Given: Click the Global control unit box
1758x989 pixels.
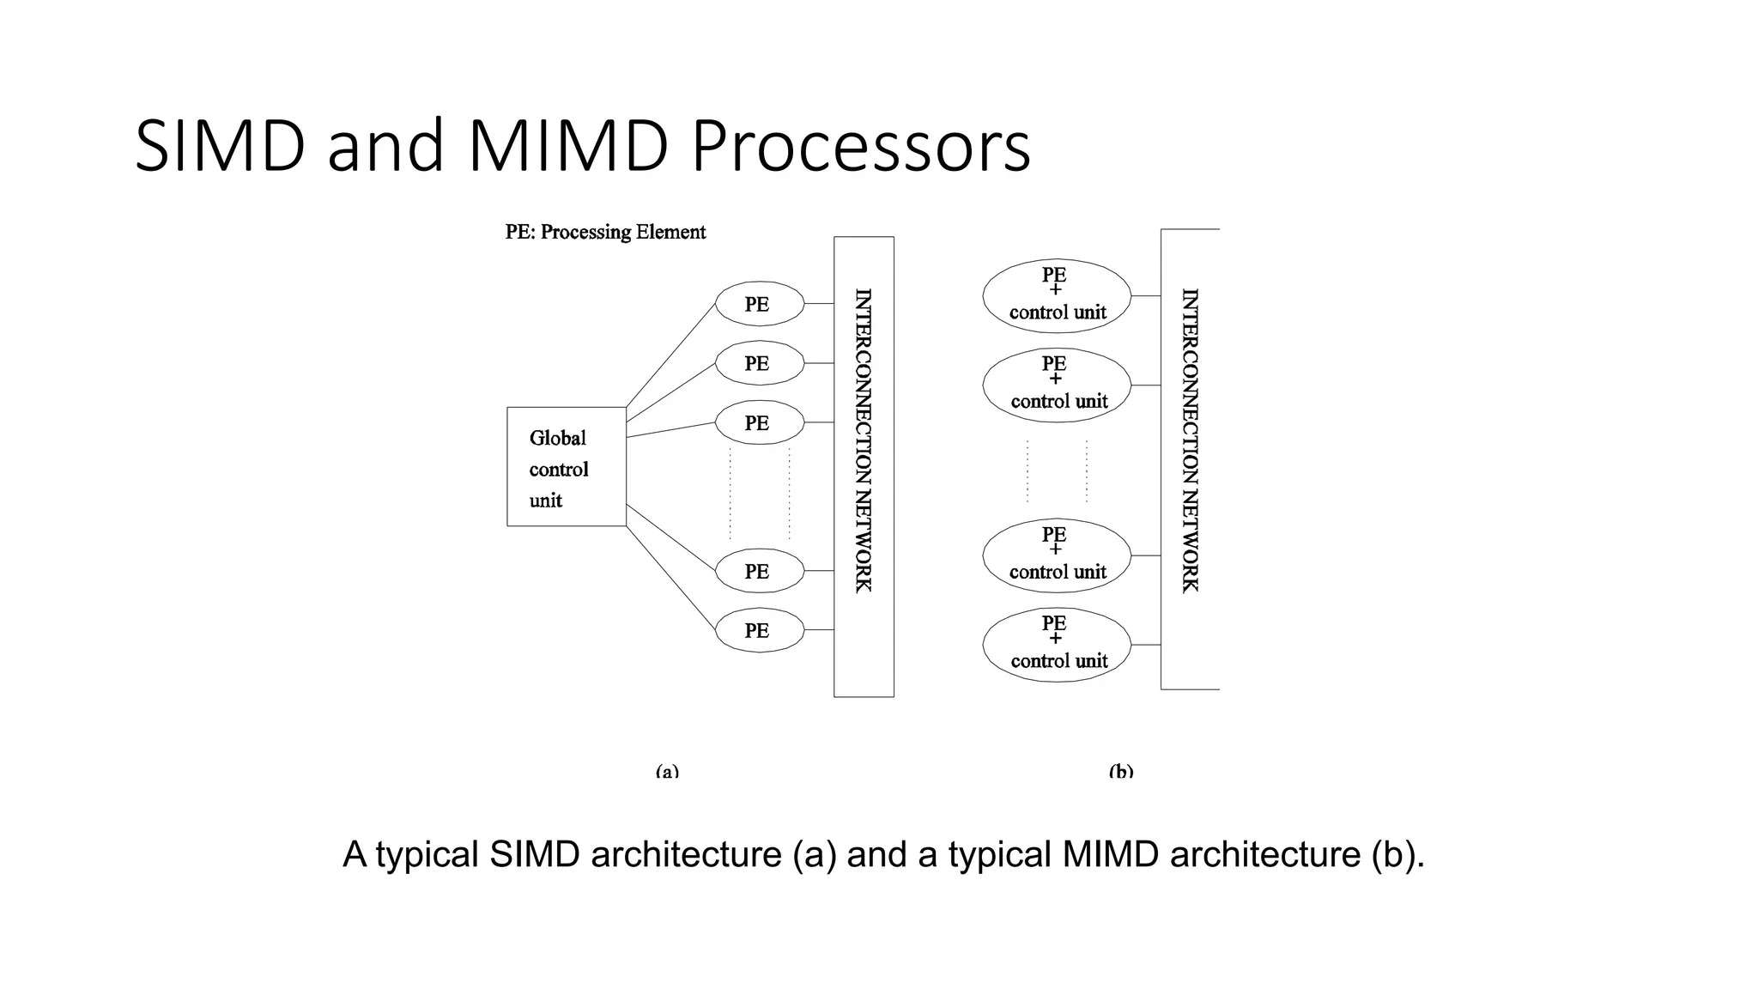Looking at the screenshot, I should [567, 466].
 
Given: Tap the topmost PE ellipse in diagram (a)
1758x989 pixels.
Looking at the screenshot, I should [759, 304].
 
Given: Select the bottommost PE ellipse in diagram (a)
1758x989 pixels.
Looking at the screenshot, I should [759, 630].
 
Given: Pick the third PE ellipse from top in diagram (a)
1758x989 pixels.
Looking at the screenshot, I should [759, 422].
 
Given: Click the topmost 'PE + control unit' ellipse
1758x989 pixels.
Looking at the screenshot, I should [1056, 295].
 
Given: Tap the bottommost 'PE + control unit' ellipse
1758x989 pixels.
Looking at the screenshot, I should [1056, 645].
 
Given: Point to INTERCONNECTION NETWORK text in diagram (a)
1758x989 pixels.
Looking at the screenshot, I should [864, 440].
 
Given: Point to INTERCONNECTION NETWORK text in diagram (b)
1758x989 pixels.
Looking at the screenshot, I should [1190, 440].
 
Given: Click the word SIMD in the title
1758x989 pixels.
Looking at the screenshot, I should [220, 146].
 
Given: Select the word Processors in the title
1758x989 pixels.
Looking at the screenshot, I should [860, 146].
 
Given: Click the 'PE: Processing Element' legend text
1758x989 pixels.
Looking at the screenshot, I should [605, 232].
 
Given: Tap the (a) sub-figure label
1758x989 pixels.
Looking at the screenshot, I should [667, 771].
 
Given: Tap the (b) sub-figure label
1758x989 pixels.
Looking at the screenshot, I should [1121, 771].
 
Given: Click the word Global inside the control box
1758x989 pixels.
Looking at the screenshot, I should [557, 438].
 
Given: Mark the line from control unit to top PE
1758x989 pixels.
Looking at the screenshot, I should [671, 355].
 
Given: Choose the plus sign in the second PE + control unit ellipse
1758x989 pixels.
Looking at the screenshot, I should [1055, 379].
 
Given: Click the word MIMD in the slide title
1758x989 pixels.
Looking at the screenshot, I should [567, 146].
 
